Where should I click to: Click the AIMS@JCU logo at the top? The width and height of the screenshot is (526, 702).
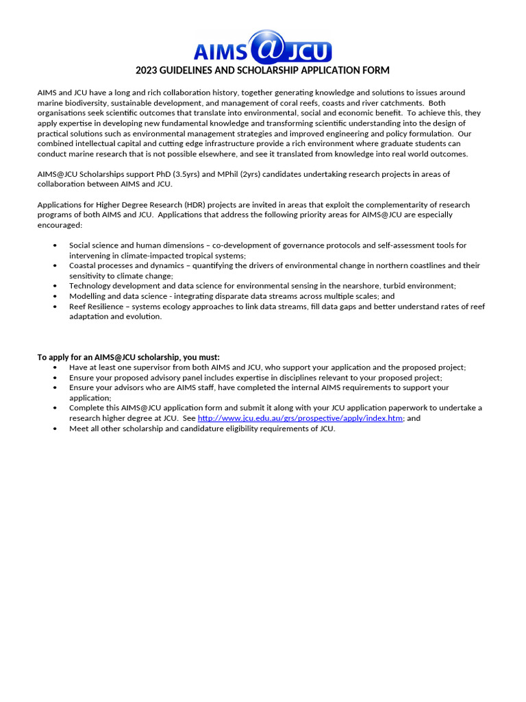pyautogui.click(x=262, y=47)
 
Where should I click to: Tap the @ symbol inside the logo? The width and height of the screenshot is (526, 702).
pyautogui.click(x=263, y=47)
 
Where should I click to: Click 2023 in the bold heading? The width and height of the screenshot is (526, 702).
pyautogui.click(x=147, y=71)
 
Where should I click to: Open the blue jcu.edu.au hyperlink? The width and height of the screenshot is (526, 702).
pyautogui.click(x=300, y=418)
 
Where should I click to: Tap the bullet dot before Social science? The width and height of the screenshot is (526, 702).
pyautogui.click(x=55, y=245)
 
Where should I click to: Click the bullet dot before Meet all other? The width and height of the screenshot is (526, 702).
pyautogui.click(x=55, y=429)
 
